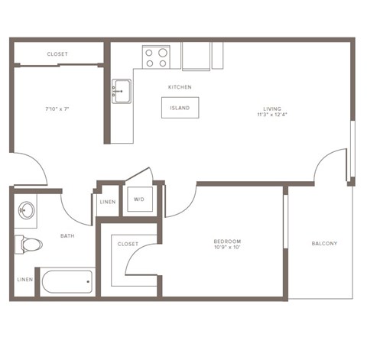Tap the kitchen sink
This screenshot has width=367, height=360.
point(121,90)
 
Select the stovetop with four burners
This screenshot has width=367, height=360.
point(156,58)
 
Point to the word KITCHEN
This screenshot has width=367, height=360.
point(180,87)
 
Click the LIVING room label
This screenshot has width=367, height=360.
point(272,109)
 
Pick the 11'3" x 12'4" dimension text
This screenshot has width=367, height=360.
point(272,115)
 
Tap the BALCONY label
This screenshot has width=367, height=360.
point(324,244)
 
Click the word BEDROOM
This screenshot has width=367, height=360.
point(227,242)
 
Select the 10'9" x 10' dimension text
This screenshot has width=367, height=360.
point(227,248)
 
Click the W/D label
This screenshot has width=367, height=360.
point(139,199)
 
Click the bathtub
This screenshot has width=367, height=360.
point(67,281)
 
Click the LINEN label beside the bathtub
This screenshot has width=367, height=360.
point(24,280)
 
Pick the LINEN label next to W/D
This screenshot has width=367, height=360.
point(108,202)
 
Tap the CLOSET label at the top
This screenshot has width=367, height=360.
point(57,54)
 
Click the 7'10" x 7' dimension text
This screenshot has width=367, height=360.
point(57,109)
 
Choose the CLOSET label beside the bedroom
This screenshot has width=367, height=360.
point(128,244)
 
